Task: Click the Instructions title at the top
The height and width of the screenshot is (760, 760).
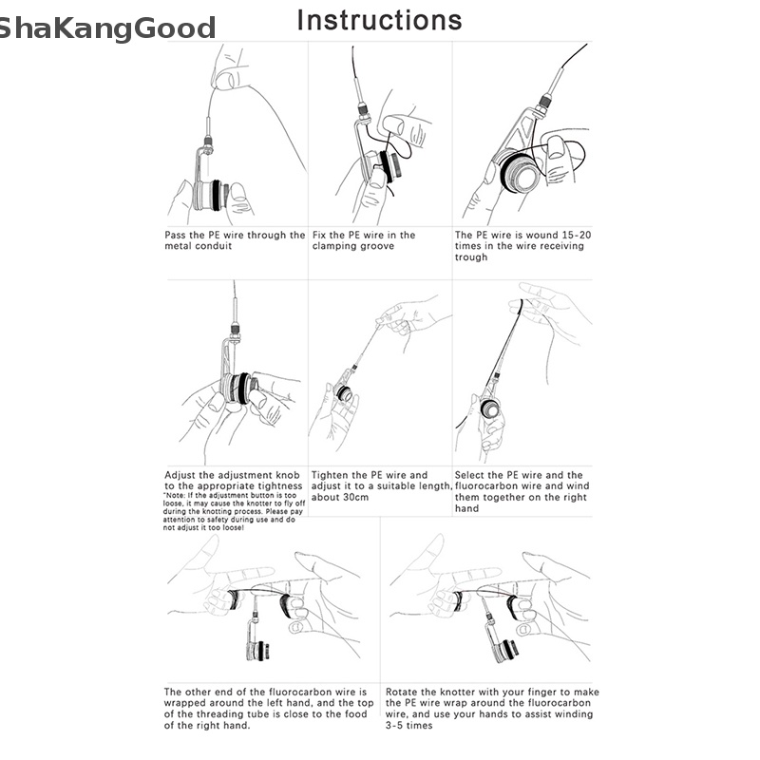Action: (379, 20)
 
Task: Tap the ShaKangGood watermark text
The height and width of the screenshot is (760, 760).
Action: (105, 29)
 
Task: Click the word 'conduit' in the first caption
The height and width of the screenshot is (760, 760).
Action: (218, 246)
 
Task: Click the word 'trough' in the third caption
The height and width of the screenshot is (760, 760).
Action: (471, 257)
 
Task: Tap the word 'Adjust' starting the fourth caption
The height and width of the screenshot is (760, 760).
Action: (183, 475)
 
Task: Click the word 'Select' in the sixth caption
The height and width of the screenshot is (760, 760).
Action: (473, 475)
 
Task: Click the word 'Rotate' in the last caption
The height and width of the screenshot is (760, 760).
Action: (405, 692)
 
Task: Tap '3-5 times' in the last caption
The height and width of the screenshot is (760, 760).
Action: (409, 726)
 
